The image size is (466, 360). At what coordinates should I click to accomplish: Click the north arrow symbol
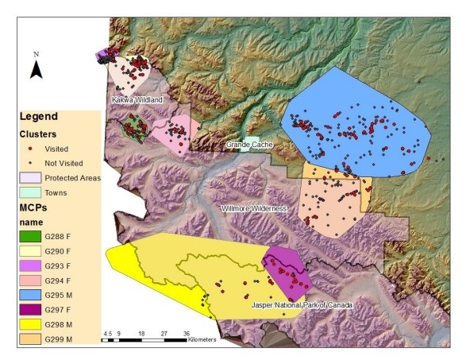36,68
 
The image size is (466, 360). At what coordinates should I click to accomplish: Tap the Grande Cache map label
249,145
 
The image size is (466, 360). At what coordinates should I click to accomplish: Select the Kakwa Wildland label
137,99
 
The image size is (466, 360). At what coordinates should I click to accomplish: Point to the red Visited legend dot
31,149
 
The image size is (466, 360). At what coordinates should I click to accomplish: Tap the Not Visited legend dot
31,163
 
